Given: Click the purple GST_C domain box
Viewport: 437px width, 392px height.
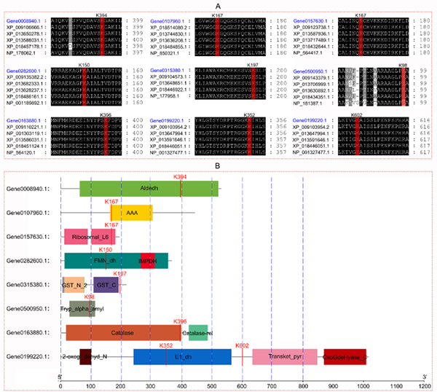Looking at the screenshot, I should point(106,284).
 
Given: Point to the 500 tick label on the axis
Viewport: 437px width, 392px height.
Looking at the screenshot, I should point(211,378).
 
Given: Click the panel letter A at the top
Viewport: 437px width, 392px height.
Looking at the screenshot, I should point(219,4).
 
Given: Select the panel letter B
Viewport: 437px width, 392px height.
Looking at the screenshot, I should point(219,165).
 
